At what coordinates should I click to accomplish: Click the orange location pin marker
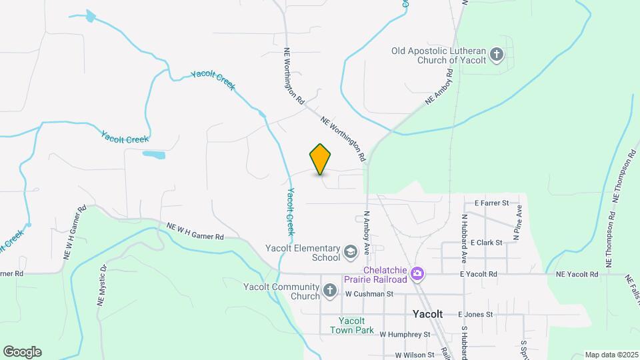click(320, 159)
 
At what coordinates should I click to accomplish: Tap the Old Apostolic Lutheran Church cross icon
click(496, 55)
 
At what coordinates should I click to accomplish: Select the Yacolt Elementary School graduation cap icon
click(350, 253)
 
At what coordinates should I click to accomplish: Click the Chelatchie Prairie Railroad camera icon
click(417, 273)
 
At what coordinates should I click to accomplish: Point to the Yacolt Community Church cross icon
click(329, 291)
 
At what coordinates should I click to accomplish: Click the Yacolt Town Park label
click(351, 325)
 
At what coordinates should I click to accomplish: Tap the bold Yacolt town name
click(427, 314)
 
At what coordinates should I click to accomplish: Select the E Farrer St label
click(491, 202)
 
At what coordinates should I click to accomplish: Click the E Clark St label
click(486, 243)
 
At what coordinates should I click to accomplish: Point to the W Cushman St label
click(370, 293)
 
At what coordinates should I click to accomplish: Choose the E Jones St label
click(475, 314)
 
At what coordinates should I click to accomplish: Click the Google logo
click(22, 352)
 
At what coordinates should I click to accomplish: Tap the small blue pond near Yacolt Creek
click(153, 155)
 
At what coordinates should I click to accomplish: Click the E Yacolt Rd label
click(478, 274)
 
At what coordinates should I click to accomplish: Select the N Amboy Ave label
click(366, 234)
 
